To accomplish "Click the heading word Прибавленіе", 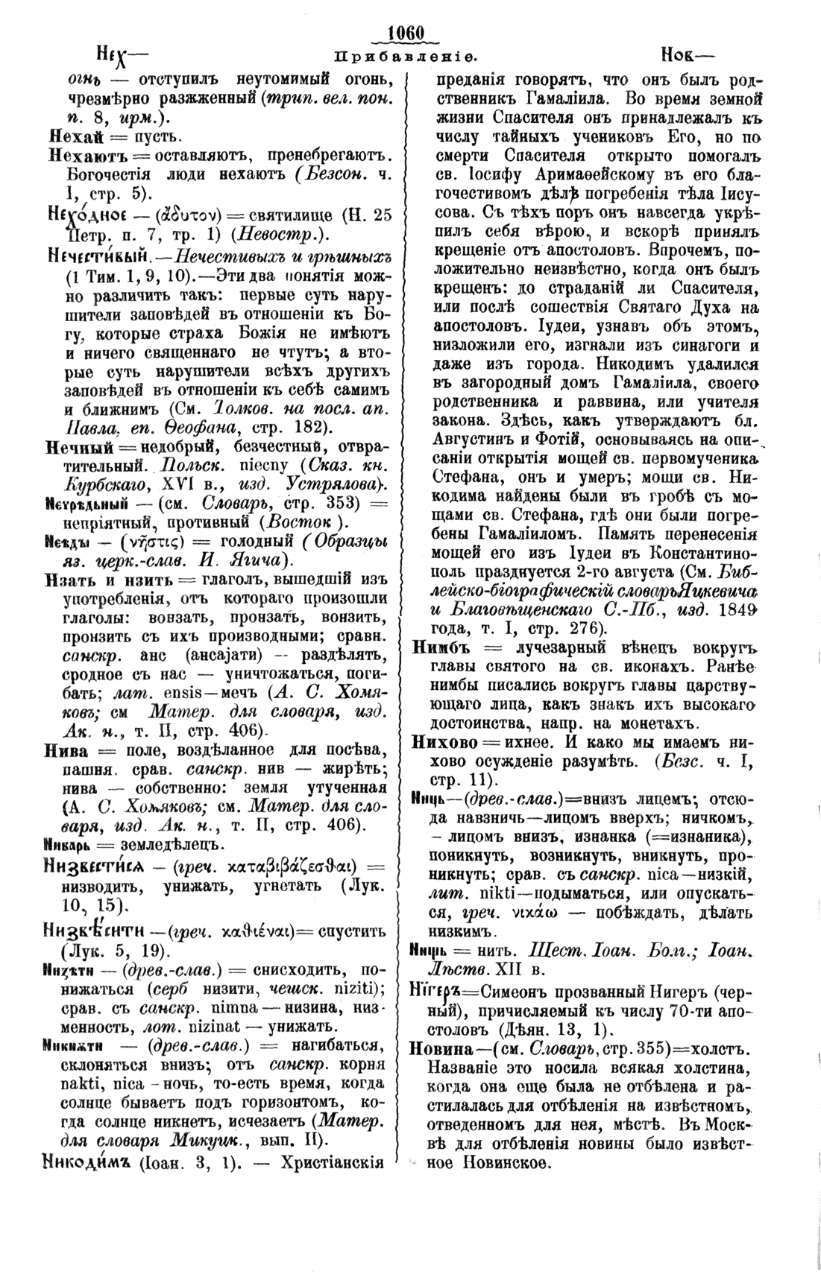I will pyautogui.click(x=406, y=56).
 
